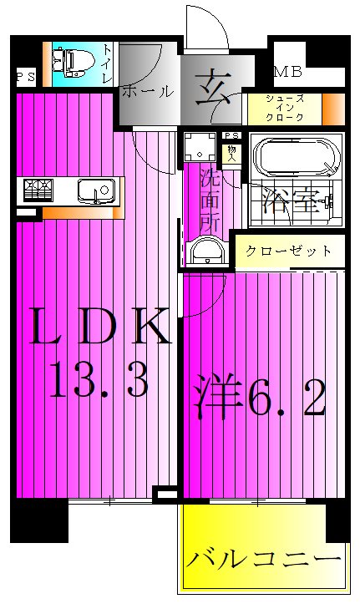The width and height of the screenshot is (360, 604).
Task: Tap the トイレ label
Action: click(x=107, y=63)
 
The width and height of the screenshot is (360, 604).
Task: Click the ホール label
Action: click(x=147, y=91)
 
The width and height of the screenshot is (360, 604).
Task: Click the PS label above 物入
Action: click(x=231, y=137)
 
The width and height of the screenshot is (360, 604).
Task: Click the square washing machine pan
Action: click(x=200, y=147)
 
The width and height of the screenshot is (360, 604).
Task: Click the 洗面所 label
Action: click(x=210, y=200)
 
